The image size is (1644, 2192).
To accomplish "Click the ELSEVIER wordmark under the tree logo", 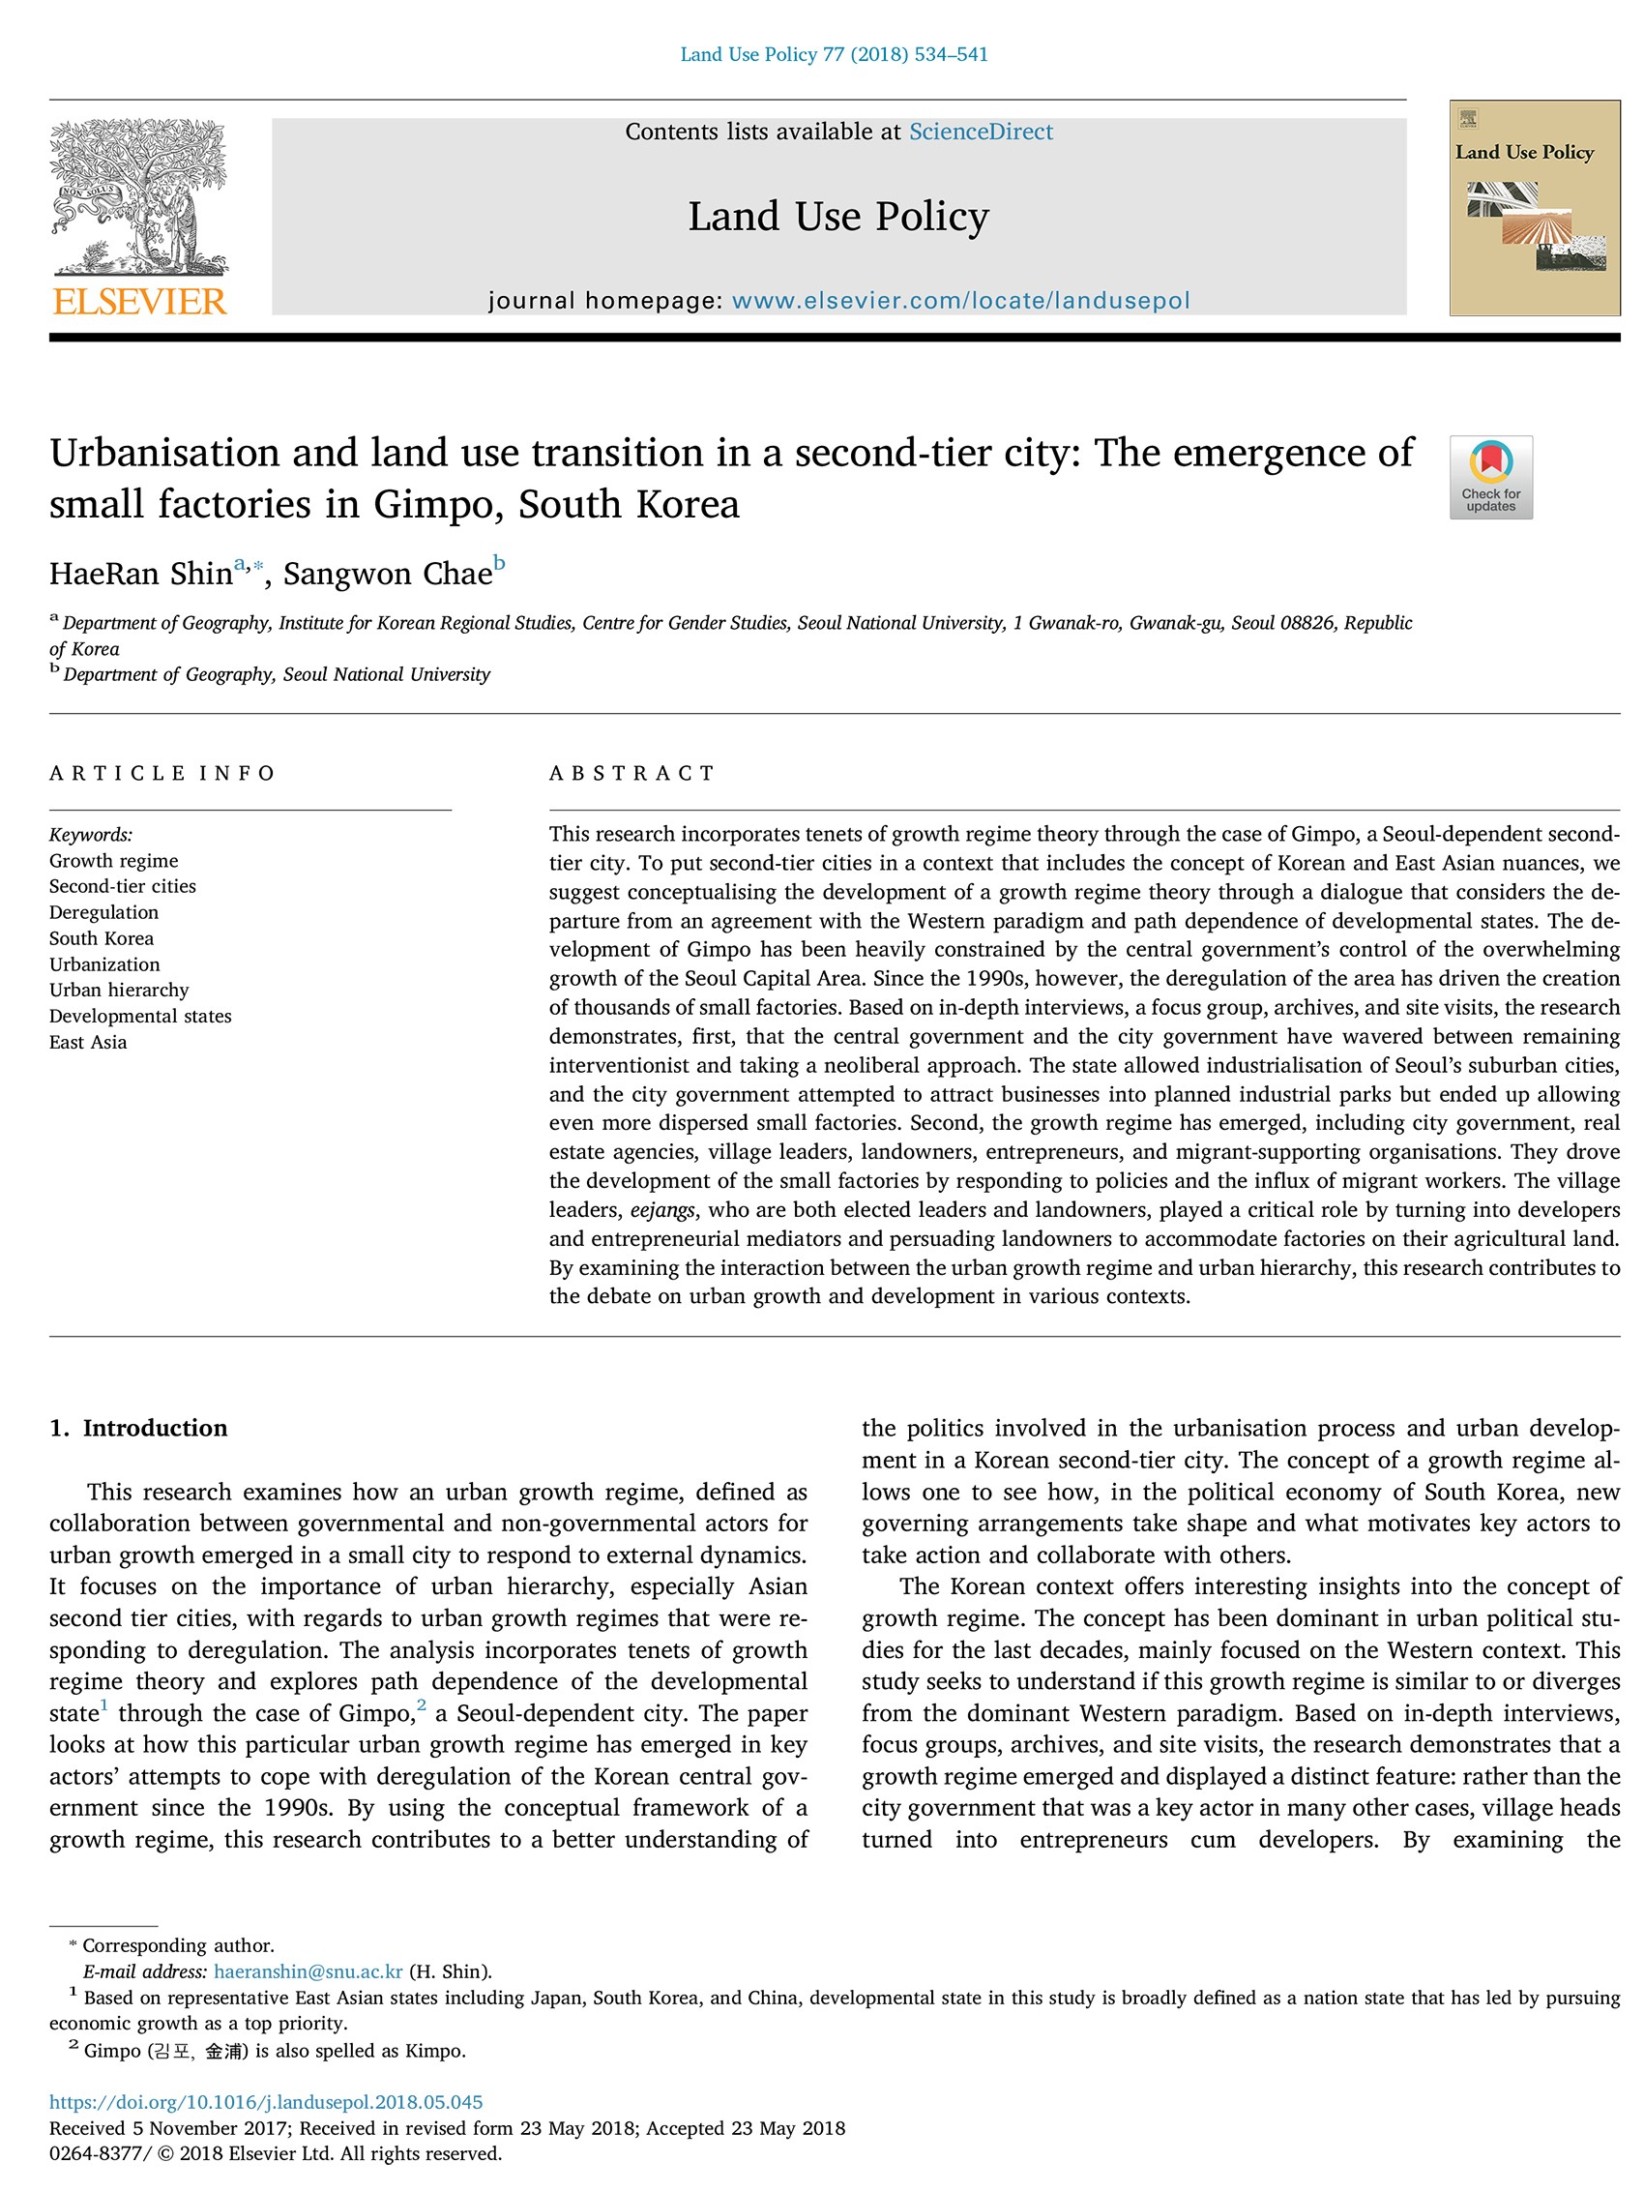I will pyautogui.click(x=138, y=301).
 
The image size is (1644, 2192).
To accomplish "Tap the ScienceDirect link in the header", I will pyautogui.click(x=980, y=132).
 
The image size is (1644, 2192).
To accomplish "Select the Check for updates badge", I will pyautogui.click(x=1489, y=477).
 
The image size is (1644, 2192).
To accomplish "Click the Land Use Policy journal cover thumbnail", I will pyautogui.click(x=1533, y=208).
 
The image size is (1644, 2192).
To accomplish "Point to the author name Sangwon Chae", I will pyautogui.click(x=388, y=574).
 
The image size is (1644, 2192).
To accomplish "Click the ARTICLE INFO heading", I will pyautogui.click(x=161, y=773).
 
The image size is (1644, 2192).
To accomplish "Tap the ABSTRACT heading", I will pyautogui.click(x=631, y=773).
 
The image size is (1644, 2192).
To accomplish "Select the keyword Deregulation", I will pyautogui.click(x=104, y=911).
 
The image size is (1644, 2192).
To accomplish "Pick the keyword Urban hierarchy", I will pyautogui.click(x=119, y=989).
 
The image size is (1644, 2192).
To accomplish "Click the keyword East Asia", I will pyautogui.click(x=88, y=1042).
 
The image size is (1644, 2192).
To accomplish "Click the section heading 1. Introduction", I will pyautogui.click(x=138, y=1427).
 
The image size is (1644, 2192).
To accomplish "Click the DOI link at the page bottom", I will pyautogui.click(x=266, y=2102).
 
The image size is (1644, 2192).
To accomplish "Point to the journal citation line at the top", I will pyautogui.click(x=834, y=54).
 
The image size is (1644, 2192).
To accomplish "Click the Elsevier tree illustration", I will pyautogui.click(x=138, y=196).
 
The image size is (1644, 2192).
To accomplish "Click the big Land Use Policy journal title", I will pyautogui.click(x=838, y=216).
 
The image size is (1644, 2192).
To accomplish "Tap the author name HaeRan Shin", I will pyautogui.click(x=141, y=574).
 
